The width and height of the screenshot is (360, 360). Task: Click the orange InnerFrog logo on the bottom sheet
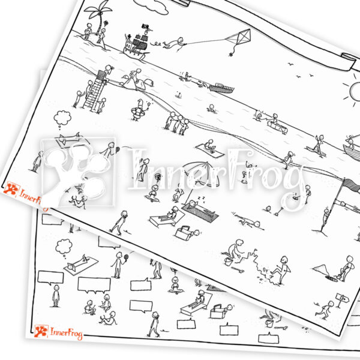coord(58,332)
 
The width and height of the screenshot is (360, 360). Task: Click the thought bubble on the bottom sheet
coord(63,247)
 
